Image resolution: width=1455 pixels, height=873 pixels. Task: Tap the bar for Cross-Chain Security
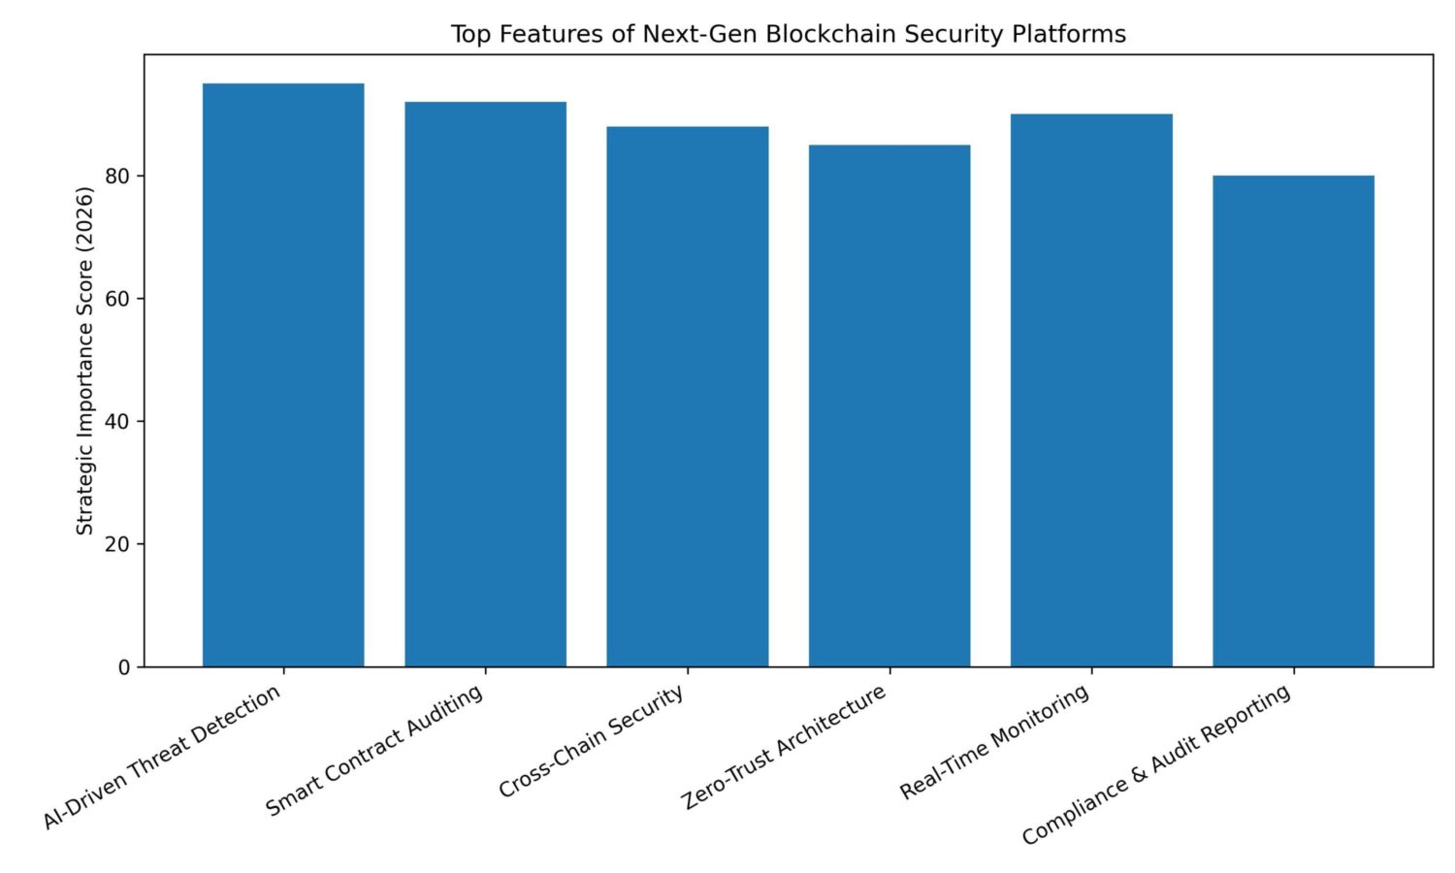(687, 397)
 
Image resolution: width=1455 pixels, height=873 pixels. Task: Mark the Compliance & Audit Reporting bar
(1293, 421)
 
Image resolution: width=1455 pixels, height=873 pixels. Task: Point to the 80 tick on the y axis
(117, 177)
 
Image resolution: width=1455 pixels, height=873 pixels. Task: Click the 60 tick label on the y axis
(117, 299)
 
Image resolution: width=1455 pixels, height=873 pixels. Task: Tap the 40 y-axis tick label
(117, 422)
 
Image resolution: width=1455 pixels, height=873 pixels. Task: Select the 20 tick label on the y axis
(117, 544)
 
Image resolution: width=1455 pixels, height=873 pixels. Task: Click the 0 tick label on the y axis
(124, 667)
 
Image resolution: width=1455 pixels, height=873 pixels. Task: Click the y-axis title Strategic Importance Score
(85, 361)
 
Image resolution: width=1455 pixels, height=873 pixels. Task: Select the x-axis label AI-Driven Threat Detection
(163, 757)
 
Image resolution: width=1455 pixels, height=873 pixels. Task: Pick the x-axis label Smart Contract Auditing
(374, 752)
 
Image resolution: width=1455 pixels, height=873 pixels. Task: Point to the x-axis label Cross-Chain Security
(592, 742)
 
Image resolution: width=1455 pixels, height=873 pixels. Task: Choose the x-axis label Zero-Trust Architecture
(784, 747)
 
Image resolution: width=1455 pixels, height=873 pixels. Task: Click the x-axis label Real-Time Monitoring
(994, 743)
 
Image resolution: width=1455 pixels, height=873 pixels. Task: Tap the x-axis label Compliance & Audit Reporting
(1156, 764)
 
